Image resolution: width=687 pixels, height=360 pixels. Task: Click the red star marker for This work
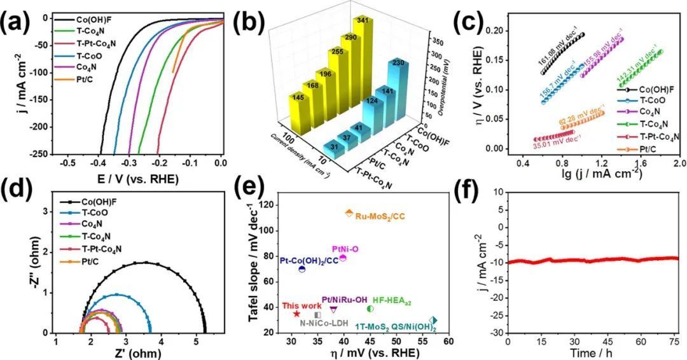(x=296, y=314)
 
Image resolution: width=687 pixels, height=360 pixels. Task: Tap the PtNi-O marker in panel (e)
(x=343, y=258)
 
